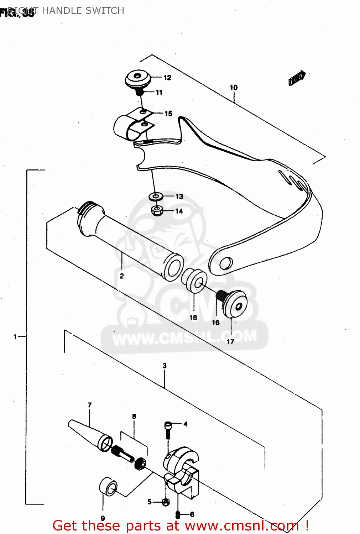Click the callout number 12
pos(167,78)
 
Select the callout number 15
pos(168,114)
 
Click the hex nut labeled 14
pos(156,210)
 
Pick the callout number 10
pos(234,88)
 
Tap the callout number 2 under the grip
pos(122,276)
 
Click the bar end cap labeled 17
pos(235,305)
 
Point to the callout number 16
pos(216,323)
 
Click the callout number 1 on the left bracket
pos(15,336)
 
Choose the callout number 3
pos(165,366)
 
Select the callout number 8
pos(134,416)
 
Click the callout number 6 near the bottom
pos(192,514)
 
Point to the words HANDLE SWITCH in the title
pos(83,11)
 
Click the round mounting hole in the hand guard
pos(225,263)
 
